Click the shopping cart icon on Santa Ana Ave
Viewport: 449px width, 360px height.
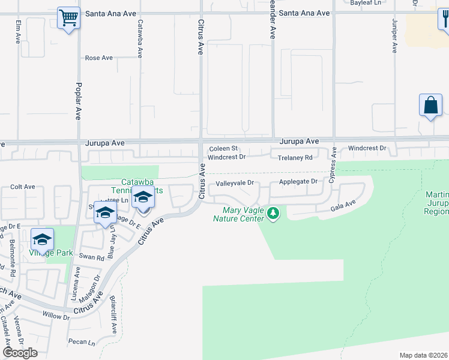[69, 18]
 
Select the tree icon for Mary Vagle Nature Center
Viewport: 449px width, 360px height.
[273, 214]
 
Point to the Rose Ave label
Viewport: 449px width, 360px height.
[99, 58]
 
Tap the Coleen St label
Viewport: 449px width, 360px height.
[224, 149]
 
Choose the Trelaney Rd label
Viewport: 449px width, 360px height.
[295, 158]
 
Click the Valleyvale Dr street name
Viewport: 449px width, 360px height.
[235, 182]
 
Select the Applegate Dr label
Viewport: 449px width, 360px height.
[298, 181]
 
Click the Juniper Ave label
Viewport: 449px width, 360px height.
[394, 36]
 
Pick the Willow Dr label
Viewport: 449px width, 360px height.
[52, 314]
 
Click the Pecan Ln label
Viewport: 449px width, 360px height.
[83, 343]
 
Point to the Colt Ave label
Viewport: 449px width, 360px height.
[23, 187]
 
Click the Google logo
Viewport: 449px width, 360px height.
[20, 353]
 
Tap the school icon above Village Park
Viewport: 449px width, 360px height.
[42, 240]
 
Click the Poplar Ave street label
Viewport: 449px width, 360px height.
[78, 101]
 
